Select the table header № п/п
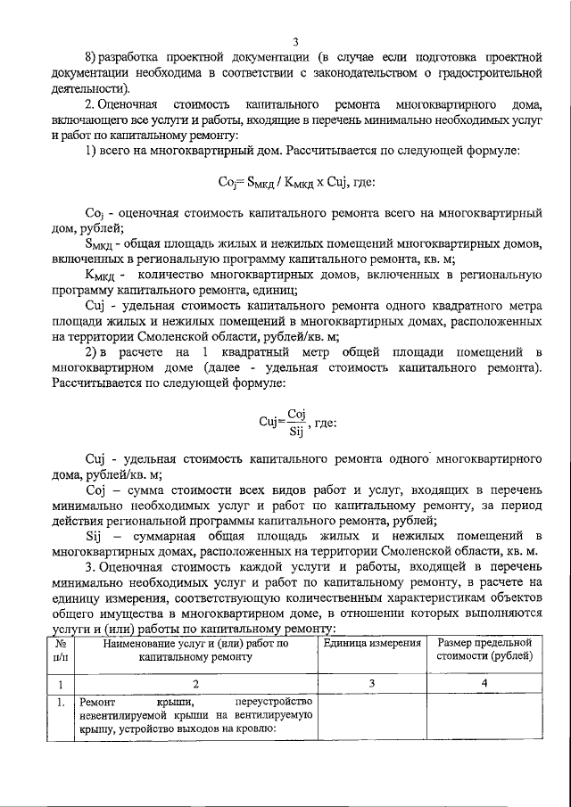point(58,649)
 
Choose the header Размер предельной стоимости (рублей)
point(484,649)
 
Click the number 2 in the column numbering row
point(195,684)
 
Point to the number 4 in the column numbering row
point(484,684)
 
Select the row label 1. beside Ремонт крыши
point(58,702)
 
